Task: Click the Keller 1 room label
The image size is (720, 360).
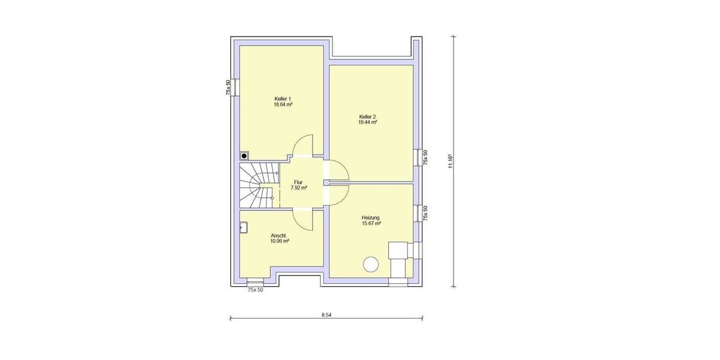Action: point(283,98)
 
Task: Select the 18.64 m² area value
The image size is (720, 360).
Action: point(283,104)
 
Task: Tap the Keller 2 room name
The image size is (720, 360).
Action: point(367,116)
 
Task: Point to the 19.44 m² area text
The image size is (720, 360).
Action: point(367,122)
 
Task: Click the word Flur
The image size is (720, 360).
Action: point(298,182)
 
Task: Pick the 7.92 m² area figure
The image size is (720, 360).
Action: point(298,188)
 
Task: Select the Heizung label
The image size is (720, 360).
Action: point(371,218)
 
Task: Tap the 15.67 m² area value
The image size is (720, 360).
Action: point(371,224)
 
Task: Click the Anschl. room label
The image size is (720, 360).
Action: point(279,235)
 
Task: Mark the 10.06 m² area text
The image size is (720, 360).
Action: point(280,241)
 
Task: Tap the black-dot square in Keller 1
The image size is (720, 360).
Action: point(244,155)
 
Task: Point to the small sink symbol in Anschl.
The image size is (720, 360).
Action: point(244,227)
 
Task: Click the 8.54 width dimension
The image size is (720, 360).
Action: point(326,314)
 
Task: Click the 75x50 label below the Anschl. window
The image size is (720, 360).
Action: point(256,290)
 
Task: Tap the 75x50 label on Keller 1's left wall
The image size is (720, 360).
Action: point(228,88)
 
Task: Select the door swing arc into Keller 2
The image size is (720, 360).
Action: point(338,170)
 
